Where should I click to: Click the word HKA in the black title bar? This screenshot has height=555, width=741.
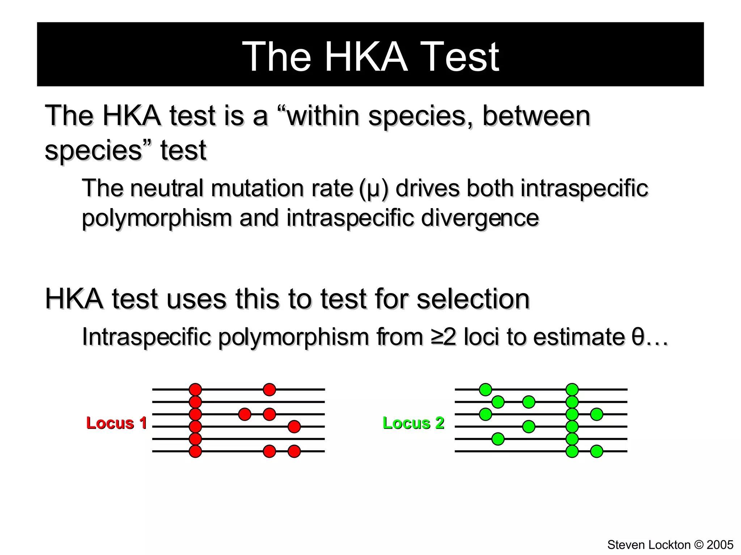point(366,57)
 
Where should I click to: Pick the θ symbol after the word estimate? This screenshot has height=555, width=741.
point(638,337)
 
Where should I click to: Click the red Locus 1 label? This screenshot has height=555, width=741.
point(116,423)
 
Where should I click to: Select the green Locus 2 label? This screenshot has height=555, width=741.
point(413,423)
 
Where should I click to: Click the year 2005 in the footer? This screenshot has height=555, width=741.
point(720,545)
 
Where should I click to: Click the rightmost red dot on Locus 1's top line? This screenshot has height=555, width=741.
point(269,390)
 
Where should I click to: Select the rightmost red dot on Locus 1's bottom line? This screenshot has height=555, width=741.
point(294,451)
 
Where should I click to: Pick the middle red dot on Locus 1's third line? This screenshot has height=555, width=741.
point(245,414)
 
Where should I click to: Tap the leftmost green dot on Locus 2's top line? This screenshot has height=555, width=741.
point(485,390)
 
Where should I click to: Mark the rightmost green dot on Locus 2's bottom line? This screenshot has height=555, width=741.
point(597,451)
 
